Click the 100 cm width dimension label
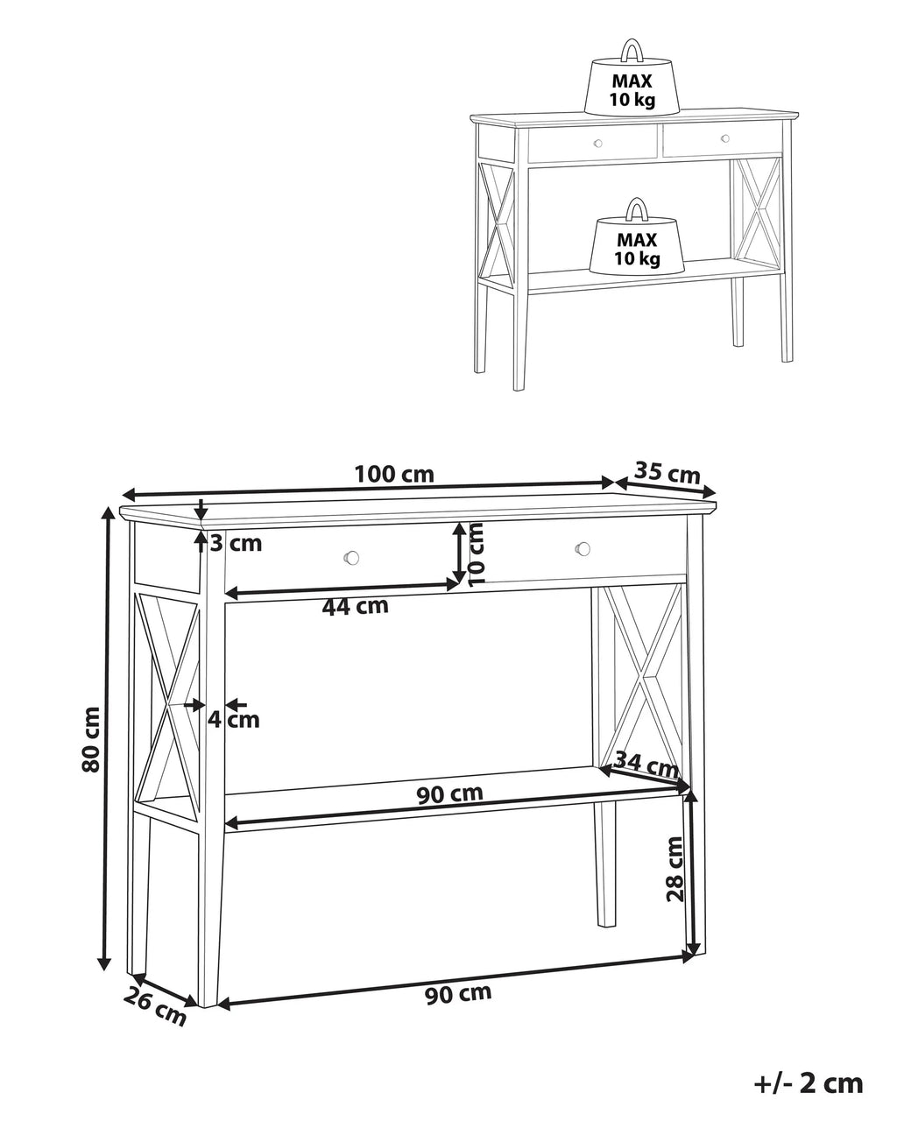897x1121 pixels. [394, 474]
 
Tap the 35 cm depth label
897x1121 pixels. [667, 473]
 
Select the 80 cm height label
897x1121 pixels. [91, 740]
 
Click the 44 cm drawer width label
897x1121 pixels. [355, 606]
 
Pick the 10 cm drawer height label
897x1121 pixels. [477, 553]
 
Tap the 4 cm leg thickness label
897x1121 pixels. [234, 720]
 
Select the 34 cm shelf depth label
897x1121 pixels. [646, 764]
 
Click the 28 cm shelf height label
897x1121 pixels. [675, 870]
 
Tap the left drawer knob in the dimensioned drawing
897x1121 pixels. [352, 557]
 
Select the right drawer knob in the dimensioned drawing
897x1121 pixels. [583, 548]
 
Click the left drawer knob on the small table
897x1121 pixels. [597, 144]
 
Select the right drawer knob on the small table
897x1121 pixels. [724, 138]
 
